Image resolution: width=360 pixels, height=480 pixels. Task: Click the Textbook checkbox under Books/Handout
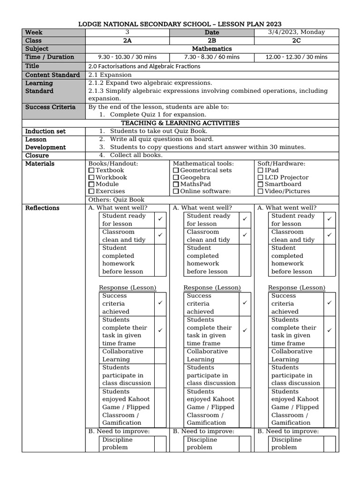(91, 171)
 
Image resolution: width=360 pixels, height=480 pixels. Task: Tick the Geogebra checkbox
(176, 178)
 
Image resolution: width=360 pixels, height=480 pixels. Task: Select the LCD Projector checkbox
(261, 178)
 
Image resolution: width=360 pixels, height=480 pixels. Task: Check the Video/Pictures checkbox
(261, 191)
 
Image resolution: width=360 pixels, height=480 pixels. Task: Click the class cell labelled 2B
(211, 41)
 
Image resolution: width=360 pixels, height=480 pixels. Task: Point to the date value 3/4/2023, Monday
(296, 32)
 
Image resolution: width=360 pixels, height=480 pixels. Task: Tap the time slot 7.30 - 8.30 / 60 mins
(211, 57)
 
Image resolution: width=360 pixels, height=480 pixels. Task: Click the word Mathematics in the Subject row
(212, 49)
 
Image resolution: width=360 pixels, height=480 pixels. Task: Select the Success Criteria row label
(50, 107)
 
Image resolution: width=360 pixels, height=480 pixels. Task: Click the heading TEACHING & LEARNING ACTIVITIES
(180, 123)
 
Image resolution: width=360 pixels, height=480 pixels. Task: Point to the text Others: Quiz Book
(116, 200)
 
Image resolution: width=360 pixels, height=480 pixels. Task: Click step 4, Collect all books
(136, 155)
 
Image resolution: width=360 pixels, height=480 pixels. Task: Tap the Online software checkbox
(176, 191)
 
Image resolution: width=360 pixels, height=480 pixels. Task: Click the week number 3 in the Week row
(127, 32)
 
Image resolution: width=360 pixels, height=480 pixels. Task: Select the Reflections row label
(42, 208)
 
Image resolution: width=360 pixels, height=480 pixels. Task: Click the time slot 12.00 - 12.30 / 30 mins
(296, 57)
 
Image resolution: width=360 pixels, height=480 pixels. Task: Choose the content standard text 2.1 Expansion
(110, 75)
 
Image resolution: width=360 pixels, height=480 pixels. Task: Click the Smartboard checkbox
(261, 184)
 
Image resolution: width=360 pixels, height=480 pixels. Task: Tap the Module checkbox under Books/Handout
(91, 184)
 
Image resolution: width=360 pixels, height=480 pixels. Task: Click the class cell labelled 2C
(296, 41)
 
